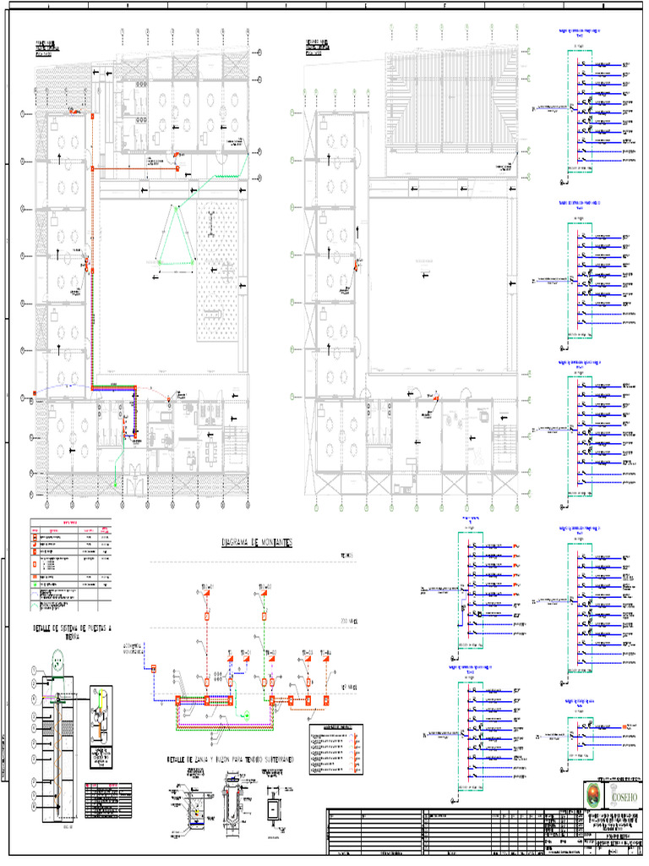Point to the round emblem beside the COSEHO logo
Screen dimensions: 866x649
[x=595, y=796]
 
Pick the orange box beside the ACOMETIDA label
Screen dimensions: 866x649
[x=155, y=668]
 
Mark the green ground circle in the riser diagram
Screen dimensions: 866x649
[x=246, y=715]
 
